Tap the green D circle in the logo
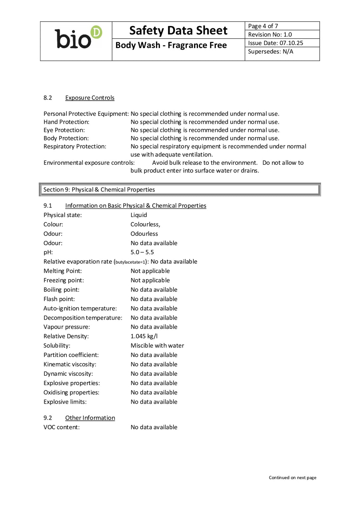[96, 32]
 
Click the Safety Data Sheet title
[178, 31]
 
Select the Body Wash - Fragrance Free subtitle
[171, 45]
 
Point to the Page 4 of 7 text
[263, 26]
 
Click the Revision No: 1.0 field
[270, 35]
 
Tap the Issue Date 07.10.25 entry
[275, 43]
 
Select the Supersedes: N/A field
[270, 52]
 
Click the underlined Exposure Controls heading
[90, 98]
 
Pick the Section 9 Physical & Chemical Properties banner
[180, 190]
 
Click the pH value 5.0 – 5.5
[142, 252]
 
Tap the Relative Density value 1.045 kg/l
[144, 336]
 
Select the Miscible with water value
[157, 346]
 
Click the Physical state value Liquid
[139, 215]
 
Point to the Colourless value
[145, 224]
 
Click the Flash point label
[59, 299]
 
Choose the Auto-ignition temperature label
[80, 308]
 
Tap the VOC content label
[61, 427]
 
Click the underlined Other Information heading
[90, 418]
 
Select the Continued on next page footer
[292, 478]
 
